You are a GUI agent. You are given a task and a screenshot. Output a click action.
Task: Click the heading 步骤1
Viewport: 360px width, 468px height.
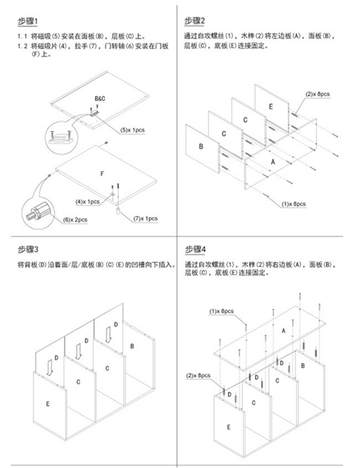point(27,21)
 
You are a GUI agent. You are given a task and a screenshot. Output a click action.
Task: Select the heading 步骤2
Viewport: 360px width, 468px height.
point(195,21)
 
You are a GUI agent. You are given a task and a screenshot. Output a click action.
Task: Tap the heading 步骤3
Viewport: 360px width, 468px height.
point(27,250)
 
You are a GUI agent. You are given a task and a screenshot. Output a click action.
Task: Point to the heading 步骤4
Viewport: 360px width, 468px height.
point(195,250)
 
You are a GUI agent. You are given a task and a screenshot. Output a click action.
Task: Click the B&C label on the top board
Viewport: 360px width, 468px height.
point(100,98)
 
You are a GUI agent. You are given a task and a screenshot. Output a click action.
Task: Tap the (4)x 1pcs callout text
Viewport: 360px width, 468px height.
point(87,201)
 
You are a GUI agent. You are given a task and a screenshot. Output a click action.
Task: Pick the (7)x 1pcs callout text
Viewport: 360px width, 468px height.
point(145,218)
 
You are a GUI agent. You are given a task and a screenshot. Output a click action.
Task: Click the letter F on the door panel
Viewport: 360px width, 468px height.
point(101,174)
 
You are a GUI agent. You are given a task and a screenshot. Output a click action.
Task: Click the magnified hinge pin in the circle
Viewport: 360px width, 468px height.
point(39,211)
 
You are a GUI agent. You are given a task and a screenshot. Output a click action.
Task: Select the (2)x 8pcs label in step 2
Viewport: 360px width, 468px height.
point(318,94)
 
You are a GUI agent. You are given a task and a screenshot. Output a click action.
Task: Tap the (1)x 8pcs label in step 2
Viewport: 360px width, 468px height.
point(294,204)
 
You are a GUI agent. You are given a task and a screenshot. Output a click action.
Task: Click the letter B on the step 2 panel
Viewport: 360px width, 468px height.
point(201,146)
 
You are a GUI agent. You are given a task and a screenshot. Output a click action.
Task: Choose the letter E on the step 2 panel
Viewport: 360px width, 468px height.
point(271,106)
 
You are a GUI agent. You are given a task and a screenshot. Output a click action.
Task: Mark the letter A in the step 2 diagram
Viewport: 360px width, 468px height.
point(273,162)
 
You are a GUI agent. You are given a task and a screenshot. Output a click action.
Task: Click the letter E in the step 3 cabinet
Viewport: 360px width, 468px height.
point(48,404)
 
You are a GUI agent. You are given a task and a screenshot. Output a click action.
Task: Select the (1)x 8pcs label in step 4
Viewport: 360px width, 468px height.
point(221,311)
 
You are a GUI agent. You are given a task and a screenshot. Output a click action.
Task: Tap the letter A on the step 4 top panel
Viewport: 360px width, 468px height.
point(283,330)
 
